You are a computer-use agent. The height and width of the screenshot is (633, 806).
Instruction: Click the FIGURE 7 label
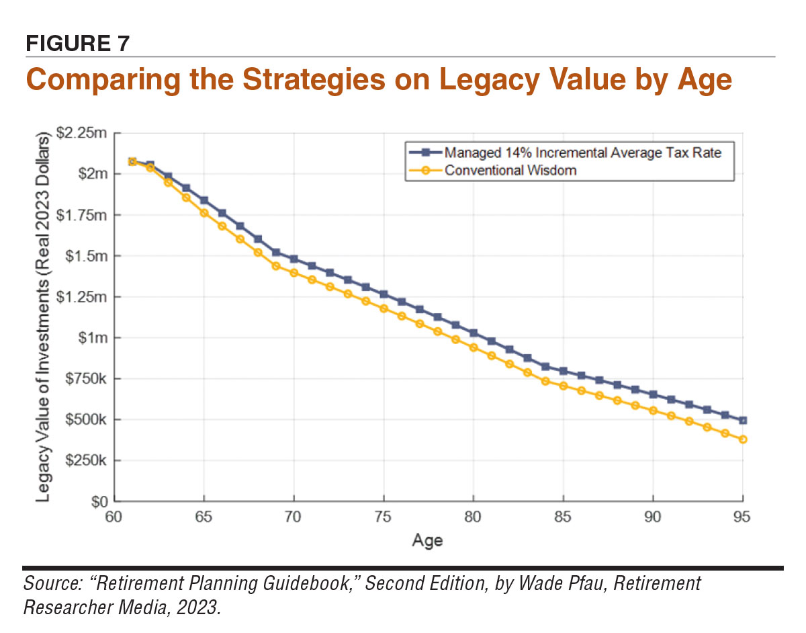(77, 44)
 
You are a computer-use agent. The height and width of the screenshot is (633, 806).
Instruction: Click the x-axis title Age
(428, 540)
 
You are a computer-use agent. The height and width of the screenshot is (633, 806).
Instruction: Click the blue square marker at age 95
(743, 421)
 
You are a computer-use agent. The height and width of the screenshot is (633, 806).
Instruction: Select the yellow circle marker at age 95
(743, 439)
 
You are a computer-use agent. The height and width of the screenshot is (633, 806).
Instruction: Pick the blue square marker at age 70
(294, 259)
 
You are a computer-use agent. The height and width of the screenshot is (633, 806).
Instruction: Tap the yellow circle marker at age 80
(474, 347)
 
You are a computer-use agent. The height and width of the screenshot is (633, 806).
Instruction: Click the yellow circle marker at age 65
(204, 213)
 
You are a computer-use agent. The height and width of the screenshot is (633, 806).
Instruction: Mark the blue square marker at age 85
(564, 371)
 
